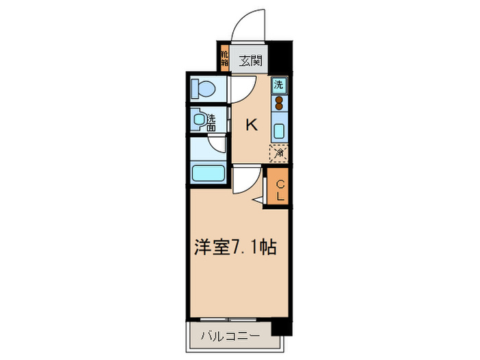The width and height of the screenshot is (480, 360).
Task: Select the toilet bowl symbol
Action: click(x=204, y=88)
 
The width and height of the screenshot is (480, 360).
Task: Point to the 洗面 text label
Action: click(x=211, y=122)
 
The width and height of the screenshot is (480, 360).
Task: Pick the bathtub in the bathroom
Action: click(x=209, y=173)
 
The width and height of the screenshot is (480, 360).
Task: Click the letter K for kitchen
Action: click(x=252, y=124)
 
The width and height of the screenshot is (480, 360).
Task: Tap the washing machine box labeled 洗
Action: click(x=279, y=86)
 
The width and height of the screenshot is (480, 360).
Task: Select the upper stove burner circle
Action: click(x=279, y=99)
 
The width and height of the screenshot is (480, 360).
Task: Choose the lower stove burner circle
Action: click(x=279, y=107)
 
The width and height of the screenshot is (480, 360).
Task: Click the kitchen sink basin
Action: click(x=279, y=130)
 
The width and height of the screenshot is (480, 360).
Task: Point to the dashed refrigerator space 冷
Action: click(x=279, y=154)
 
